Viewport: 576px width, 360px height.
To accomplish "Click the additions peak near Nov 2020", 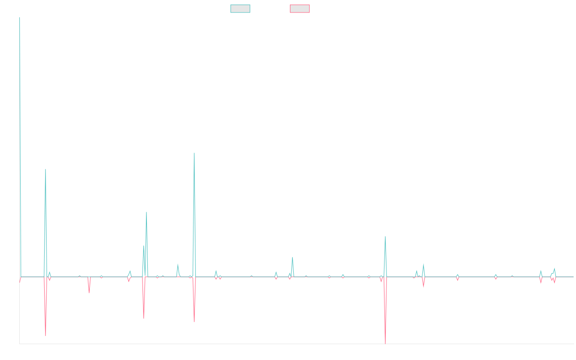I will point(194,153).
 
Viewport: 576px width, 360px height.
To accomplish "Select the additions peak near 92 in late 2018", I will point(46,169).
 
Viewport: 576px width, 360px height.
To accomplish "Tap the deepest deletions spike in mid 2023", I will point(385,343).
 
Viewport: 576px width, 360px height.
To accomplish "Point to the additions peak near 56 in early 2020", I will point(146,212).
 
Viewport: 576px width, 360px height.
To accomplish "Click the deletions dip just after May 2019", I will point(89,293).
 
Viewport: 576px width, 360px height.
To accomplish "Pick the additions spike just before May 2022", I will point(292,257).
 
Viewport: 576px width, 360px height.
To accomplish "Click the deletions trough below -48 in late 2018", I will point(46,335).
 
